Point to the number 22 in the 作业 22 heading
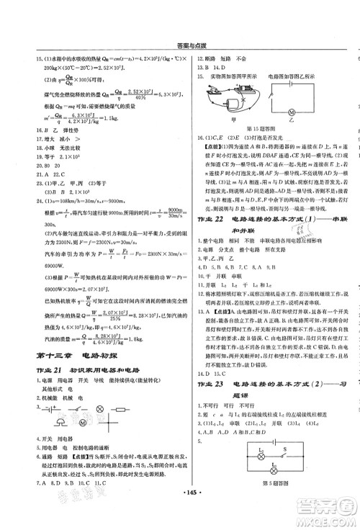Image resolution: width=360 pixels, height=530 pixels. tap(228, 197)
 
